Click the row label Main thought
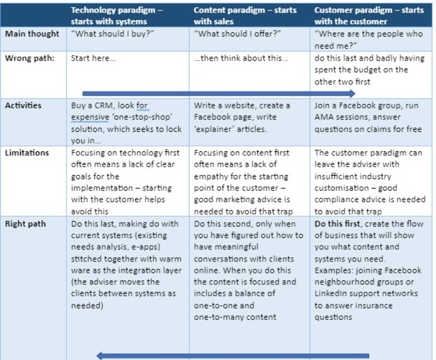[x=32, y=34]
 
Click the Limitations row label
[x=27, y=153]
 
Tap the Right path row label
[x=25, y=223]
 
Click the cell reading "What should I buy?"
[x=105, y=34]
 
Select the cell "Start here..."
[x=93, y=58]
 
